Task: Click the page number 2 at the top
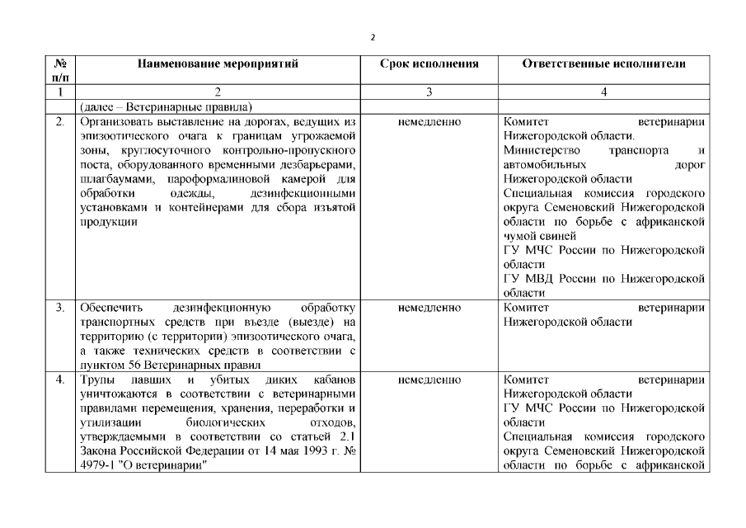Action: click(x=373, y=37)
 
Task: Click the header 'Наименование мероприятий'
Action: click(x=218, y=63)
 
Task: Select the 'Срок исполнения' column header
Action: click(x=429, y=63)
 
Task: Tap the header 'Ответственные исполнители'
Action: click(x=604, y=63)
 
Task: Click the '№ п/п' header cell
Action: click(x=59, y=69)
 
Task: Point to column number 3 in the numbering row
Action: click(x=429, y=92)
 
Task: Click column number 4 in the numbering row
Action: click(x=604, y=92)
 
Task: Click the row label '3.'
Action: click(x=59, y=308)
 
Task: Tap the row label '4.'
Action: click(x=59, y=379)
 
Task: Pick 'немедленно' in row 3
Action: click(x=429, y=308)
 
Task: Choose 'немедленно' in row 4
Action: click(x=429, y=379)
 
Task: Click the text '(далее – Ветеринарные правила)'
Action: click(x=166, y=107)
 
